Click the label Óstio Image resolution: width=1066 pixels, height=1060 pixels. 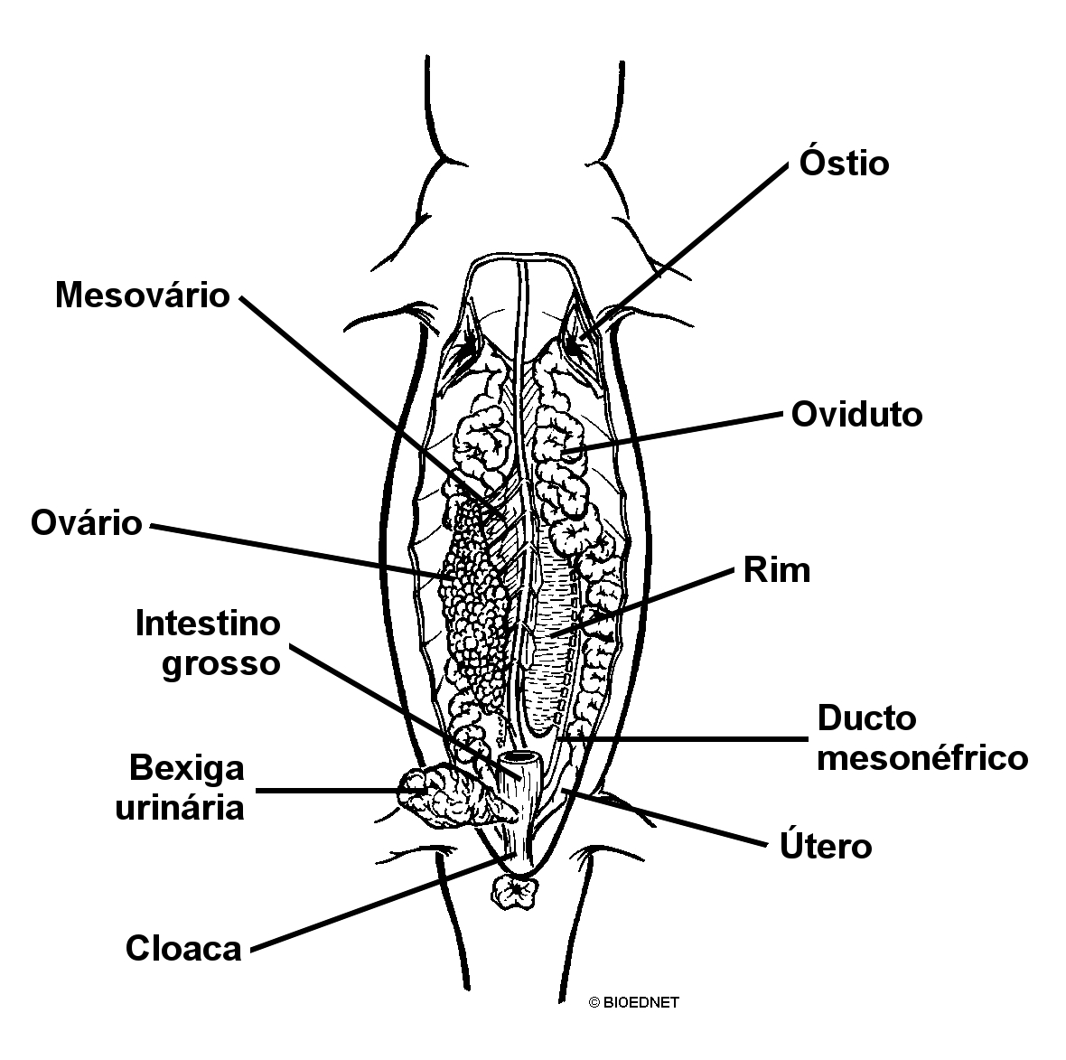click(844, 163)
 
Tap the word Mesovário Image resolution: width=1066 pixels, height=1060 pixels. click(143, 295)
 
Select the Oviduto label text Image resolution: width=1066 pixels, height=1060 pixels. click(856, 414)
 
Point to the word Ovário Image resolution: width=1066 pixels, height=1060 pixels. click(87, 523)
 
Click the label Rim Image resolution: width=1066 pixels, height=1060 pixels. click(777, 570)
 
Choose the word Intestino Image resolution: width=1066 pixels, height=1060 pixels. click(208, 623)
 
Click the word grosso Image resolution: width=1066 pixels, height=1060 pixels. click(221, 663)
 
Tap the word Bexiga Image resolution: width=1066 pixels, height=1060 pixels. click(186, 768)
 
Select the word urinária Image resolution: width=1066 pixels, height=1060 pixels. click(180, 808)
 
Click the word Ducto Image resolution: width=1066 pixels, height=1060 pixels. click(867, 718)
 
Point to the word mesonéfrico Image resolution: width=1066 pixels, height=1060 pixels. click(922, 757)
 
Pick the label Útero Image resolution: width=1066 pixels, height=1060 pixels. click(826, 846)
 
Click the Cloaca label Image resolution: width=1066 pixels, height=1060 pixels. click(183, 948)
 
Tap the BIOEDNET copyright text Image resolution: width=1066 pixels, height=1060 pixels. click(633, 1002)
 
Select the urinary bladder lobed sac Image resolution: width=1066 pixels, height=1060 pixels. click(445, 797)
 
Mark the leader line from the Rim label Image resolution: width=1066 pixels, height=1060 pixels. click(642, 603)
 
